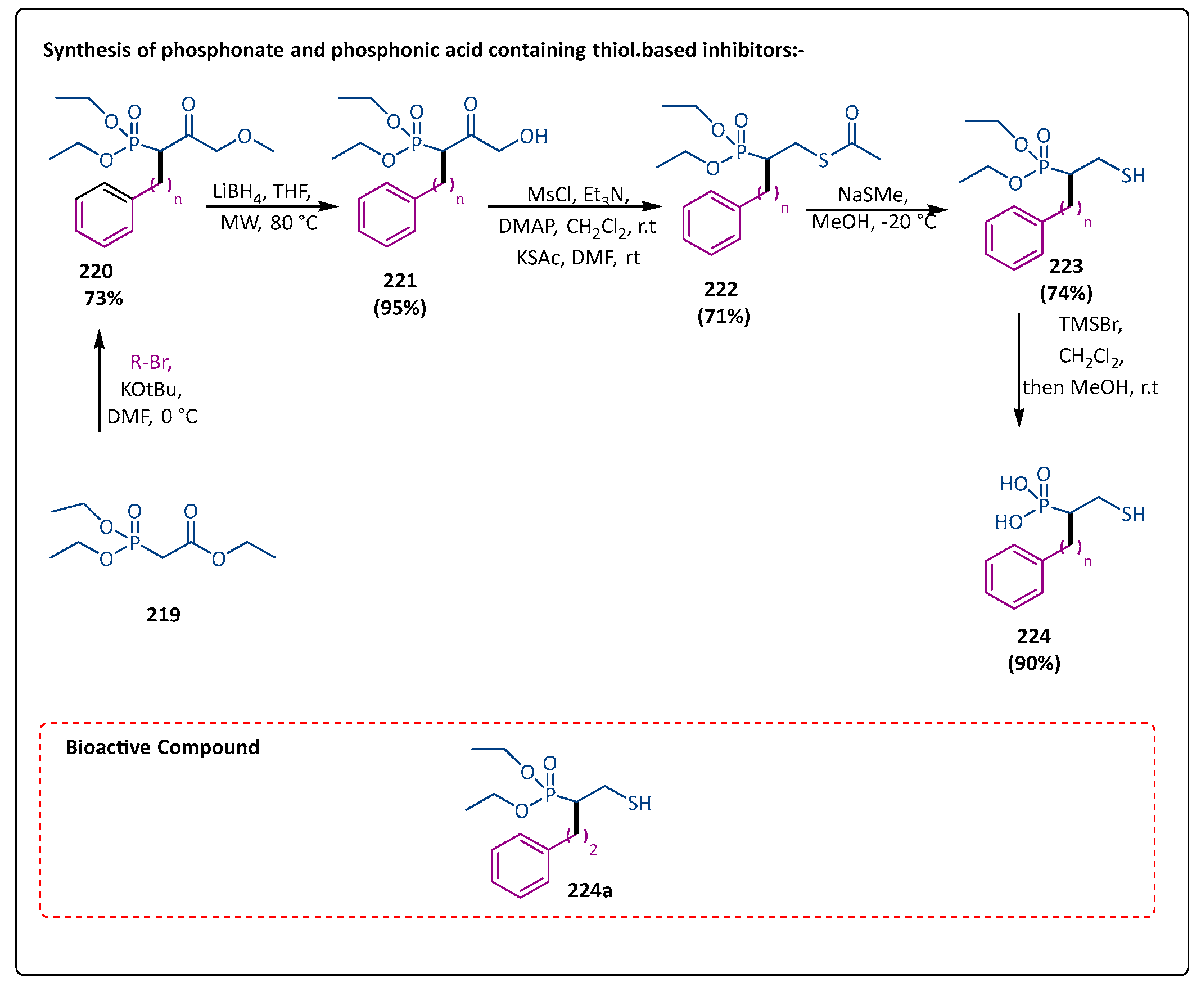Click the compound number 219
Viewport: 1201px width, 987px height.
163,614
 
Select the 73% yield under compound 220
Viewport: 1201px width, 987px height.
103,298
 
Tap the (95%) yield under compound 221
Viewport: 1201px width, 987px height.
400,308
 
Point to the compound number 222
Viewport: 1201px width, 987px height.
721,289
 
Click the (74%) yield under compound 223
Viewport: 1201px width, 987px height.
1065,293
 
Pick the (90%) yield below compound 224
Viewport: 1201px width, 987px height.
1033,663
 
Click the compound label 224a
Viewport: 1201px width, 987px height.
589,890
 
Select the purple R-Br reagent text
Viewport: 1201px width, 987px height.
151,362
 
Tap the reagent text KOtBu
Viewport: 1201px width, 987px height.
151,389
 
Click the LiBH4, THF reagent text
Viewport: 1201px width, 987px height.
261,192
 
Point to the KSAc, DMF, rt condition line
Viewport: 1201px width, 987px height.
577,258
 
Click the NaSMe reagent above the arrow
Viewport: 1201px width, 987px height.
873,195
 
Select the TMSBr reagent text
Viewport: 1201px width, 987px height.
1090,324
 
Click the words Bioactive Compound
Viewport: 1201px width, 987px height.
162,747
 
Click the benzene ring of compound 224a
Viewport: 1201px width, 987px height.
520,866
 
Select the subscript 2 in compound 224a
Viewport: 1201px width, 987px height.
593,850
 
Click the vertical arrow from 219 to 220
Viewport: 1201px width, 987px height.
100,381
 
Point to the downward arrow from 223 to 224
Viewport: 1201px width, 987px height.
1019,369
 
